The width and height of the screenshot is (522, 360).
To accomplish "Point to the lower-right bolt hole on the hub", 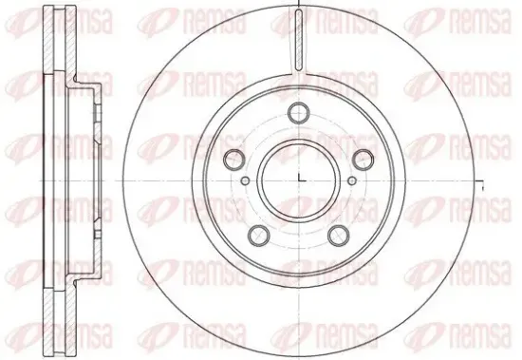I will click(x=339, y=234).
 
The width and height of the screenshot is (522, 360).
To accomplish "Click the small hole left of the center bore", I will click(x=245, y=180).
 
